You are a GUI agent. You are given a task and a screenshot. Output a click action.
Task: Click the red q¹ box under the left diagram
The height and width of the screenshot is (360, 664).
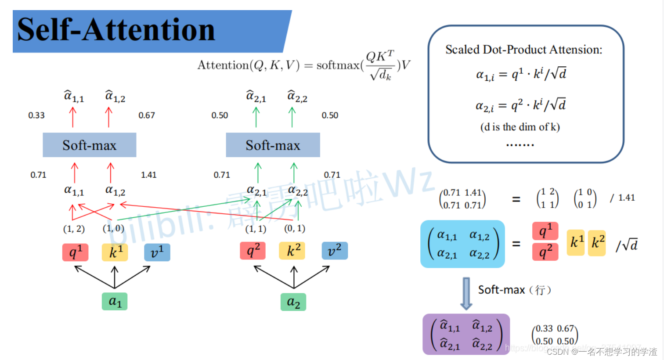coord(75,252)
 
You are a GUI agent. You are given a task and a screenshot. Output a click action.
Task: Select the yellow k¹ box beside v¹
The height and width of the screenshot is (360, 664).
coord(115,252)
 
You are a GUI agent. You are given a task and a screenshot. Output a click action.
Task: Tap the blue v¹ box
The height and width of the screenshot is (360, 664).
coord(157,252)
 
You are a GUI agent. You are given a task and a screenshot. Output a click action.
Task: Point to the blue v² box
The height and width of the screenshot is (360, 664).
coord(335,251)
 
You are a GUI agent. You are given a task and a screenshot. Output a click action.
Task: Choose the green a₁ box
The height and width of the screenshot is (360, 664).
coord(115,302)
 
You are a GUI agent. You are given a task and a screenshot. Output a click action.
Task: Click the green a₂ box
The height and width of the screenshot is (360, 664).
coord(293,302)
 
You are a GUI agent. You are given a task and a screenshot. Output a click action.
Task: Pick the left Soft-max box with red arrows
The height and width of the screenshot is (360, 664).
coord(90,145)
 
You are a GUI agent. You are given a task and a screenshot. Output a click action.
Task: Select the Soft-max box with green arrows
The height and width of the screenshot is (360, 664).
coord(273,145)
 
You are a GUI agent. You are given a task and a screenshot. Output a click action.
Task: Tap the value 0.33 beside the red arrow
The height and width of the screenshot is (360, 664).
coord(36,115)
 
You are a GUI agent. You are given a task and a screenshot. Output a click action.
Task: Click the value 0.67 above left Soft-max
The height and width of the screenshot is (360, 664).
coord(147,115)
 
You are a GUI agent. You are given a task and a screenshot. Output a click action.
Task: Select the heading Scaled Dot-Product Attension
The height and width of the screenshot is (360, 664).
coord(523,50)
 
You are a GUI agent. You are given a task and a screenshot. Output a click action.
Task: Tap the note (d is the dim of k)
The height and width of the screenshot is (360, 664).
coord(520,127)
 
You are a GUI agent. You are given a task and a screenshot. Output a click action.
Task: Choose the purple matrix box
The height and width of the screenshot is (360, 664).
coord(466,335)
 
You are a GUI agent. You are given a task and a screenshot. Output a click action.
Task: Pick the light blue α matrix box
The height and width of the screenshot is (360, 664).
coord(462,244)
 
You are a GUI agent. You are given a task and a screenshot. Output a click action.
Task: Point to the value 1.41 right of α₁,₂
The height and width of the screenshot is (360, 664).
coord(148,175)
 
